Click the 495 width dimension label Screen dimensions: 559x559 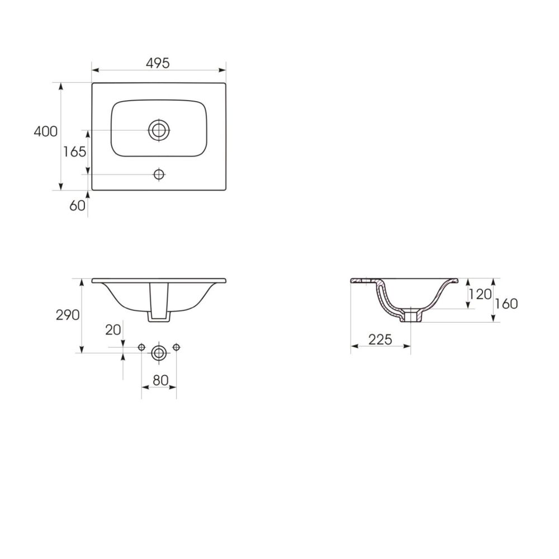[x=158, y=63]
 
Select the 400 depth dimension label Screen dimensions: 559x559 [x=46, y=131]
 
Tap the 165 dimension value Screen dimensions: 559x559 [x=74, y=152]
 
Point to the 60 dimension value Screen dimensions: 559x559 [x=77, y=206]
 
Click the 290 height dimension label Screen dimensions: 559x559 [x=68, y=315]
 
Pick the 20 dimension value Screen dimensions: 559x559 [x=113, y=330]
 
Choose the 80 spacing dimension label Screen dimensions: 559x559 [x=160, y=380]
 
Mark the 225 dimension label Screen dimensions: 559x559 [x=380, y=340]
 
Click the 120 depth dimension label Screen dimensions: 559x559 [x=480, y=295]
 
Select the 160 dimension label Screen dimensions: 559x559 [x=506, y=304]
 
